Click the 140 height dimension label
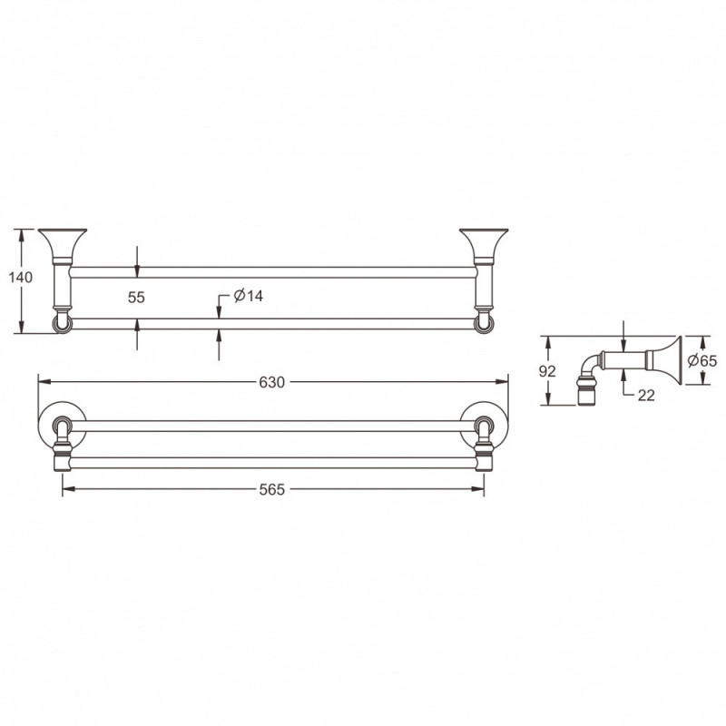(x=21, y=278)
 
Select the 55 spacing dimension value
(x=136, y=298)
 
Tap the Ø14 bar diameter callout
(x=248, y=296)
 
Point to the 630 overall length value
(x=271, y=382)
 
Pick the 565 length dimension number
(x=271, y=489)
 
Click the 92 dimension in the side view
(x=547, y=371)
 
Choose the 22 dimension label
(x=646, y=395)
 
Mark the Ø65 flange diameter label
(x=701, y=360)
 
